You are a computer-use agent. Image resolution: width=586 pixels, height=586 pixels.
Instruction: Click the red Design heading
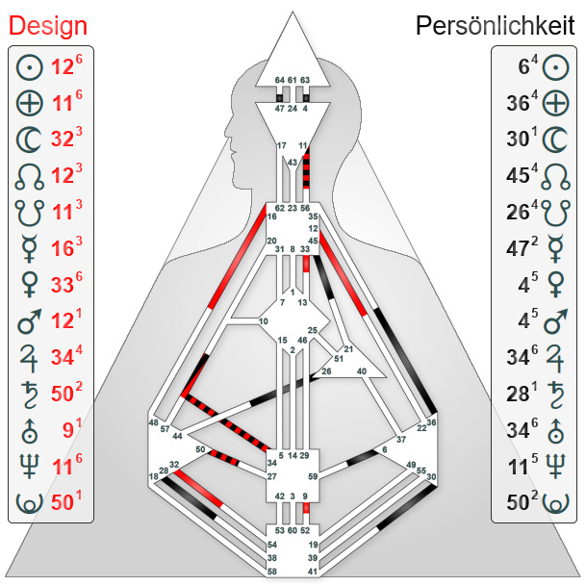48,26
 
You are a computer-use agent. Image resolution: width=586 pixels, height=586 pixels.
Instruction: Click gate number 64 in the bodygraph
280,79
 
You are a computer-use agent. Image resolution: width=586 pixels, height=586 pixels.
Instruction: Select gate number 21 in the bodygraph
349,349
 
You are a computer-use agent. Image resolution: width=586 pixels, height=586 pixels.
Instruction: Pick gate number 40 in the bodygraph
362,370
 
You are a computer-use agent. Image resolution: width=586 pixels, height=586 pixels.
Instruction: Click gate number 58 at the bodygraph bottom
272,572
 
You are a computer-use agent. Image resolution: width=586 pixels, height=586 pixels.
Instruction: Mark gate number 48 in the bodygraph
153,422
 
